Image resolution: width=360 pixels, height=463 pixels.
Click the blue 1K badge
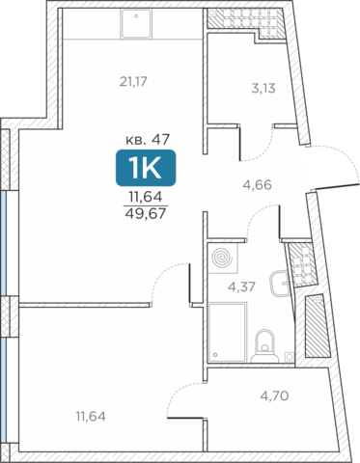146,168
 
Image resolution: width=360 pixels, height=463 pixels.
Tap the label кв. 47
148,140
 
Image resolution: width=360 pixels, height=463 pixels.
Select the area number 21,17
133,82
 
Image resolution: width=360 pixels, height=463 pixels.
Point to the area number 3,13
263,88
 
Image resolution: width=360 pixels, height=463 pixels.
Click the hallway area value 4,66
257,185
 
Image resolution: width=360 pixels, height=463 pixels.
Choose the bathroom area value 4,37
241,286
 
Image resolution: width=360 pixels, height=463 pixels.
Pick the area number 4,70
274,395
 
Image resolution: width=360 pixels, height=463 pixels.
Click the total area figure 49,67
146,213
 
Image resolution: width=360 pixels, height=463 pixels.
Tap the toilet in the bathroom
264,346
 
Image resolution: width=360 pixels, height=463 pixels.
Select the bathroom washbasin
280,284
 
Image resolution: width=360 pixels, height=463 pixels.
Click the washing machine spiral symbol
223,258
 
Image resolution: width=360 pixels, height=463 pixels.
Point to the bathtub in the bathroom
228,332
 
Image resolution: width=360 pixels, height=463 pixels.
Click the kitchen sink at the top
136,24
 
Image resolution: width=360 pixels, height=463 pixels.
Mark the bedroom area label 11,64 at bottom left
91,417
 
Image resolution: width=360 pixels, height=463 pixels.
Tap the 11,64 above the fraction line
146,197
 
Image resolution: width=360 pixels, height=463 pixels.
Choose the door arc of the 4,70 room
176,393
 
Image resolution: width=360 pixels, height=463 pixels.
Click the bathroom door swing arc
254,214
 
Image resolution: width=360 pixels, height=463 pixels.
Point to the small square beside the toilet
290,356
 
